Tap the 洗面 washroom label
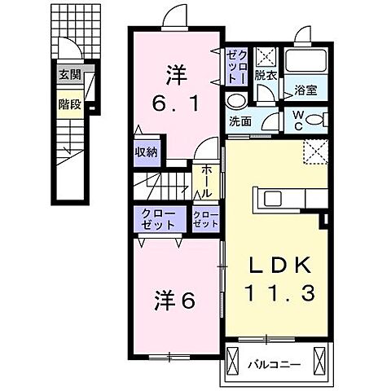click(x=239, y=122)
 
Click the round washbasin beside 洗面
click(x=236, y=101)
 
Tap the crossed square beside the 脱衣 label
click(x=265, y=56)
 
